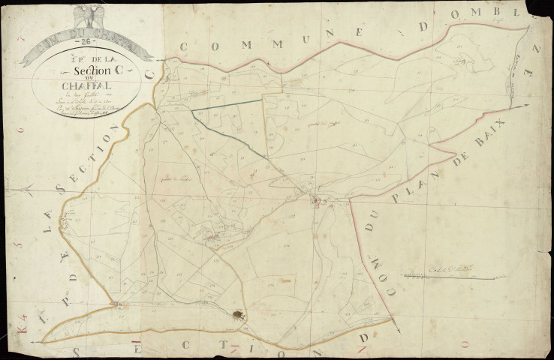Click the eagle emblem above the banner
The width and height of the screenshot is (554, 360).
(x=89, y=16)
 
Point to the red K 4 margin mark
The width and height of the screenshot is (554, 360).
(x=23, y=327)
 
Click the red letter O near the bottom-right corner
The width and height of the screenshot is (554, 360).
(x=464, y=342)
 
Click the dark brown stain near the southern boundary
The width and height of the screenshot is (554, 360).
(x=239, y=316)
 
